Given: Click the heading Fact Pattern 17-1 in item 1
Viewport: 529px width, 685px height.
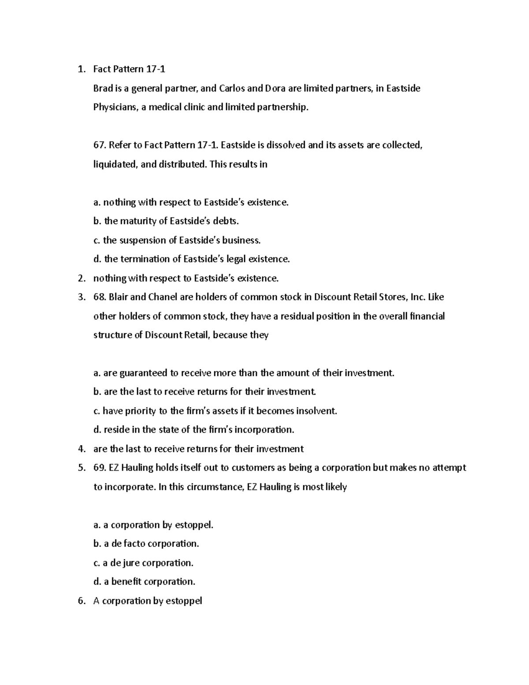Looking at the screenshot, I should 129,69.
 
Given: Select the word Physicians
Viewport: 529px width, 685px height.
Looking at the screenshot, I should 115,107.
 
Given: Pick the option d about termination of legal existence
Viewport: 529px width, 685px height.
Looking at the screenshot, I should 192,259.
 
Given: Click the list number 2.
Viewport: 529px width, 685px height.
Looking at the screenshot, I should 81,278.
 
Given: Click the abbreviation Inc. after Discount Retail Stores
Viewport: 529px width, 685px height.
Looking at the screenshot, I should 418,297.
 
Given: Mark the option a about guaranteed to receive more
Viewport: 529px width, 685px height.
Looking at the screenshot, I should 244,373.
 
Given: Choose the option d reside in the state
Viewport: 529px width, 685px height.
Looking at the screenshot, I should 194,430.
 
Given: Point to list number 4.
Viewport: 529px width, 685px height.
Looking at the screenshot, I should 81,449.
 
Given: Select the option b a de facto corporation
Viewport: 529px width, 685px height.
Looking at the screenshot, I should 146,544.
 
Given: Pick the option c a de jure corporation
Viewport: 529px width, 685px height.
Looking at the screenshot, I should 143,563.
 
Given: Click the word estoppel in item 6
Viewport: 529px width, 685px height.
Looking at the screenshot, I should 183,601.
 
